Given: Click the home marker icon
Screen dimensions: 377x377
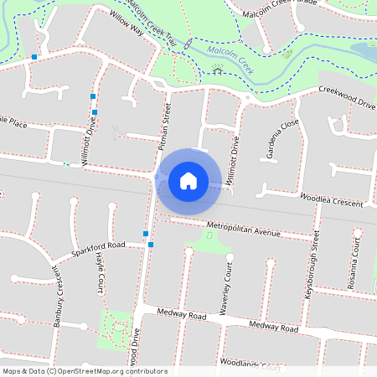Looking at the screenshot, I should point(188,180).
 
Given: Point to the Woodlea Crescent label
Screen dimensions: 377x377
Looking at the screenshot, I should point(332,200).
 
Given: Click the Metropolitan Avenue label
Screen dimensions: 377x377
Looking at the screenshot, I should point(243,228).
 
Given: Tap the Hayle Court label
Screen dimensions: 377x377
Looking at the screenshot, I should point(99,273).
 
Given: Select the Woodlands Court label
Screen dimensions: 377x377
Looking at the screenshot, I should point(249,364).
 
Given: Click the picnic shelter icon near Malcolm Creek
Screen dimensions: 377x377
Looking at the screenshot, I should point(219,70).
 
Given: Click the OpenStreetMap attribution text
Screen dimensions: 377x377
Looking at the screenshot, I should point(85,371).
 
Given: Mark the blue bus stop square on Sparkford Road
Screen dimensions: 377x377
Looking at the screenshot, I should point(151,245).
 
